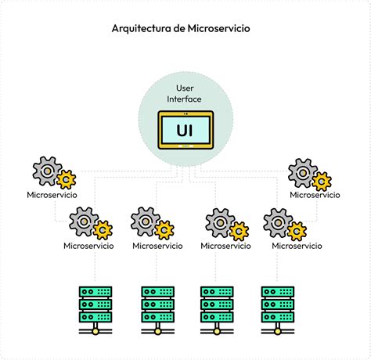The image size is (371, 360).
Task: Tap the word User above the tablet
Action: tap(185, 88)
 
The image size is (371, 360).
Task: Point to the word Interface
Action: tap(185, 99)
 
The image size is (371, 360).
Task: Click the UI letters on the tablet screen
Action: tap(185, 128)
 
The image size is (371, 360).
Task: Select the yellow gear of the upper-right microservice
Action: tap(322, 181)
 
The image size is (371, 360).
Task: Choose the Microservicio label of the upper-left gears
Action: tap(52, 195)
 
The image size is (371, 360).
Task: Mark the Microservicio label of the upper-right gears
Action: tap(315, 195)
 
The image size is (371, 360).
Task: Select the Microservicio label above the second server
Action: tap(159, 246)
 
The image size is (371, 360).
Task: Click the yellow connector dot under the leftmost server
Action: tap(95, 332)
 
